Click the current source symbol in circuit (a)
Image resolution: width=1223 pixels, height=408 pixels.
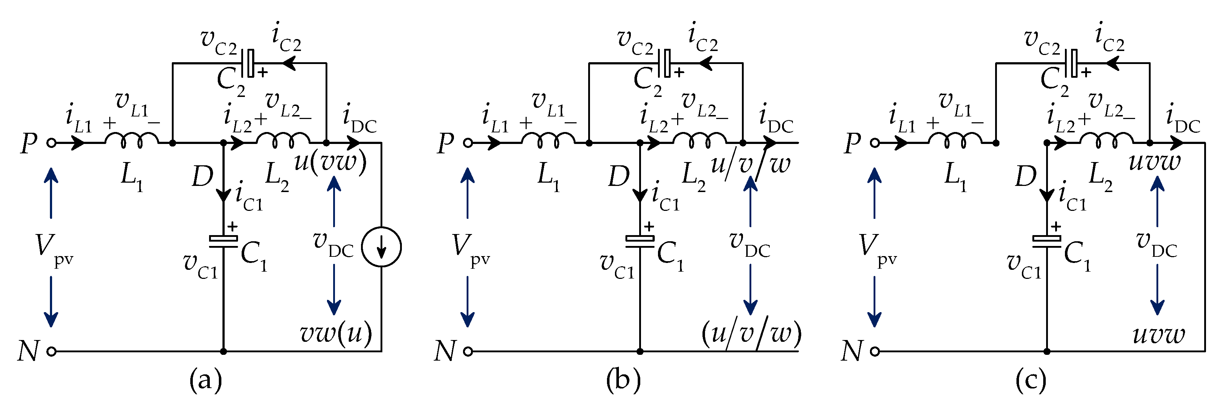click(381, 247)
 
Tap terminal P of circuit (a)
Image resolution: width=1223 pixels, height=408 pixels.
click(51, 143)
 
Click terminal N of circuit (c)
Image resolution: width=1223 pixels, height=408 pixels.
click(875, 352)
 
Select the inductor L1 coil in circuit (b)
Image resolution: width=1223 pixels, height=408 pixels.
click(548, 140)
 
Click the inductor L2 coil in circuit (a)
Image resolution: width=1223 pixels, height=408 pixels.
click(283, 140)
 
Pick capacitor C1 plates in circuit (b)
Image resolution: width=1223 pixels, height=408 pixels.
click(640, 241)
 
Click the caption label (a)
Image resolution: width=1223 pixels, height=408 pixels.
click(205, 380)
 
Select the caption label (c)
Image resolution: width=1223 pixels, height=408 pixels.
click(1030, 380)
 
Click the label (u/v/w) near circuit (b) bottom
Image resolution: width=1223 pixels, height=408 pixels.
click(751, 333)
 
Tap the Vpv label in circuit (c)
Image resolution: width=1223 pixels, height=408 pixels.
click(876, 248)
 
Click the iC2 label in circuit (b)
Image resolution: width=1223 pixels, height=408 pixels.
click(702, 38)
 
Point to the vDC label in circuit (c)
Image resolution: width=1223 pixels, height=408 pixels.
click(1156, 245)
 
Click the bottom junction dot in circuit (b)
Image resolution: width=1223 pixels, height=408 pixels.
click(640, 352)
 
